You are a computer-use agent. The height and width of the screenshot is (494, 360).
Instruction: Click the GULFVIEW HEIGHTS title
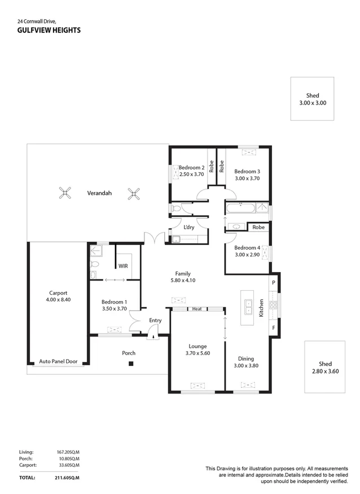pos(49,30)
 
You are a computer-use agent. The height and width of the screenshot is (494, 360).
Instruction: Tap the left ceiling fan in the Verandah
pos(65,193)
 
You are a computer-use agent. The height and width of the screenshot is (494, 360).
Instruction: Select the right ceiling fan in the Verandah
pos(134,194)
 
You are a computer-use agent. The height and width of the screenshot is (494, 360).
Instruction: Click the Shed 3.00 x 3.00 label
pos(313,99)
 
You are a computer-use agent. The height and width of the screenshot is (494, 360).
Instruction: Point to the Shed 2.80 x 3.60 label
pos(326,368)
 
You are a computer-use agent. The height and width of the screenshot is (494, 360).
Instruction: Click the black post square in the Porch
pos(131,364)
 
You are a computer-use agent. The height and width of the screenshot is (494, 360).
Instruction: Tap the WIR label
pos(123,266)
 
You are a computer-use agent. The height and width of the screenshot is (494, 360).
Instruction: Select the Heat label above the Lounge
pos(197,309)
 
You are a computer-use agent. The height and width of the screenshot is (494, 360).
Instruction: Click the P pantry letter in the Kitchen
pos(274,283)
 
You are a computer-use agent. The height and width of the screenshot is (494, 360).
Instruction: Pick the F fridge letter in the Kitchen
pos(274,327)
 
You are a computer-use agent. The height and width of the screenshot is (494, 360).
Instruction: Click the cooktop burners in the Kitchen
pos(273,305)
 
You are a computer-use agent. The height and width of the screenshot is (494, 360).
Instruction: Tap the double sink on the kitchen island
pos(248,307)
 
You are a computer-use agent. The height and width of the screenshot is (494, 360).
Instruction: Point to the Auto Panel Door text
pos(58,361)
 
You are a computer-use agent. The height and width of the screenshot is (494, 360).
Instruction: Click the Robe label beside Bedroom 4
pos(258,227)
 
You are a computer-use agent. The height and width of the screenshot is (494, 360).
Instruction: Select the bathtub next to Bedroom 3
pos(240,208)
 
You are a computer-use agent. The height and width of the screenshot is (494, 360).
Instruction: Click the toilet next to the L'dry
pos(175,208)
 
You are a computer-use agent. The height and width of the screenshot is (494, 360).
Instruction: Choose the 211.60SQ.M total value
pos(67,478)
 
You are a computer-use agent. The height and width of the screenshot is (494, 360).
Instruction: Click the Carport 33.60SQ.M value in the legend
pos(68,465)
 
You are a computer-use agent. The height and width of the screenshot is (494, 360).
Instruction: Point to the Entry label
pos(155,321)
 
